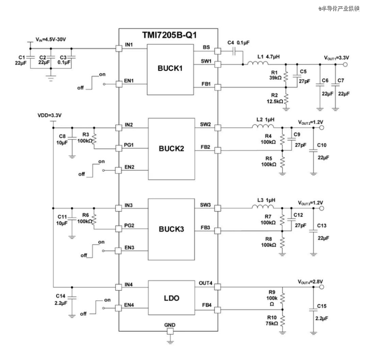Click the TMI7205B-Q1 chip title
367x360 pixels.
[x=169, y=36]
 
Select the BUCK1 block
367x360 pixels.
[x=169, y=68]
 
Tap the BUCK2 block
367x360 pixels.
[x=171, y=148]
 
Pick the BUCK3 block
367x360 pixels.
[x=171, y=229]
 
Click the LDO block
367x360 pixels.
[x=171, y=298]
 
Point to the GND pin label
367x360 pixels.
[x=170, y=325]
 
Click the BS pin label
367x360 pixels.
[x=206, y=47]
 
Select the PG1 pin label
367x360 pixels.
[x=128, y=145]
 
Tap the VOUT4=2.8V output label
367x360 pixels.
[x=311, y=281]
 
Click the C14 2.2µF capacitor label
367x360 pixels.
[x=62, y=299]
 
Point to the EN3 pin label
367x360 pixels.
[x=129, y=247]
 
